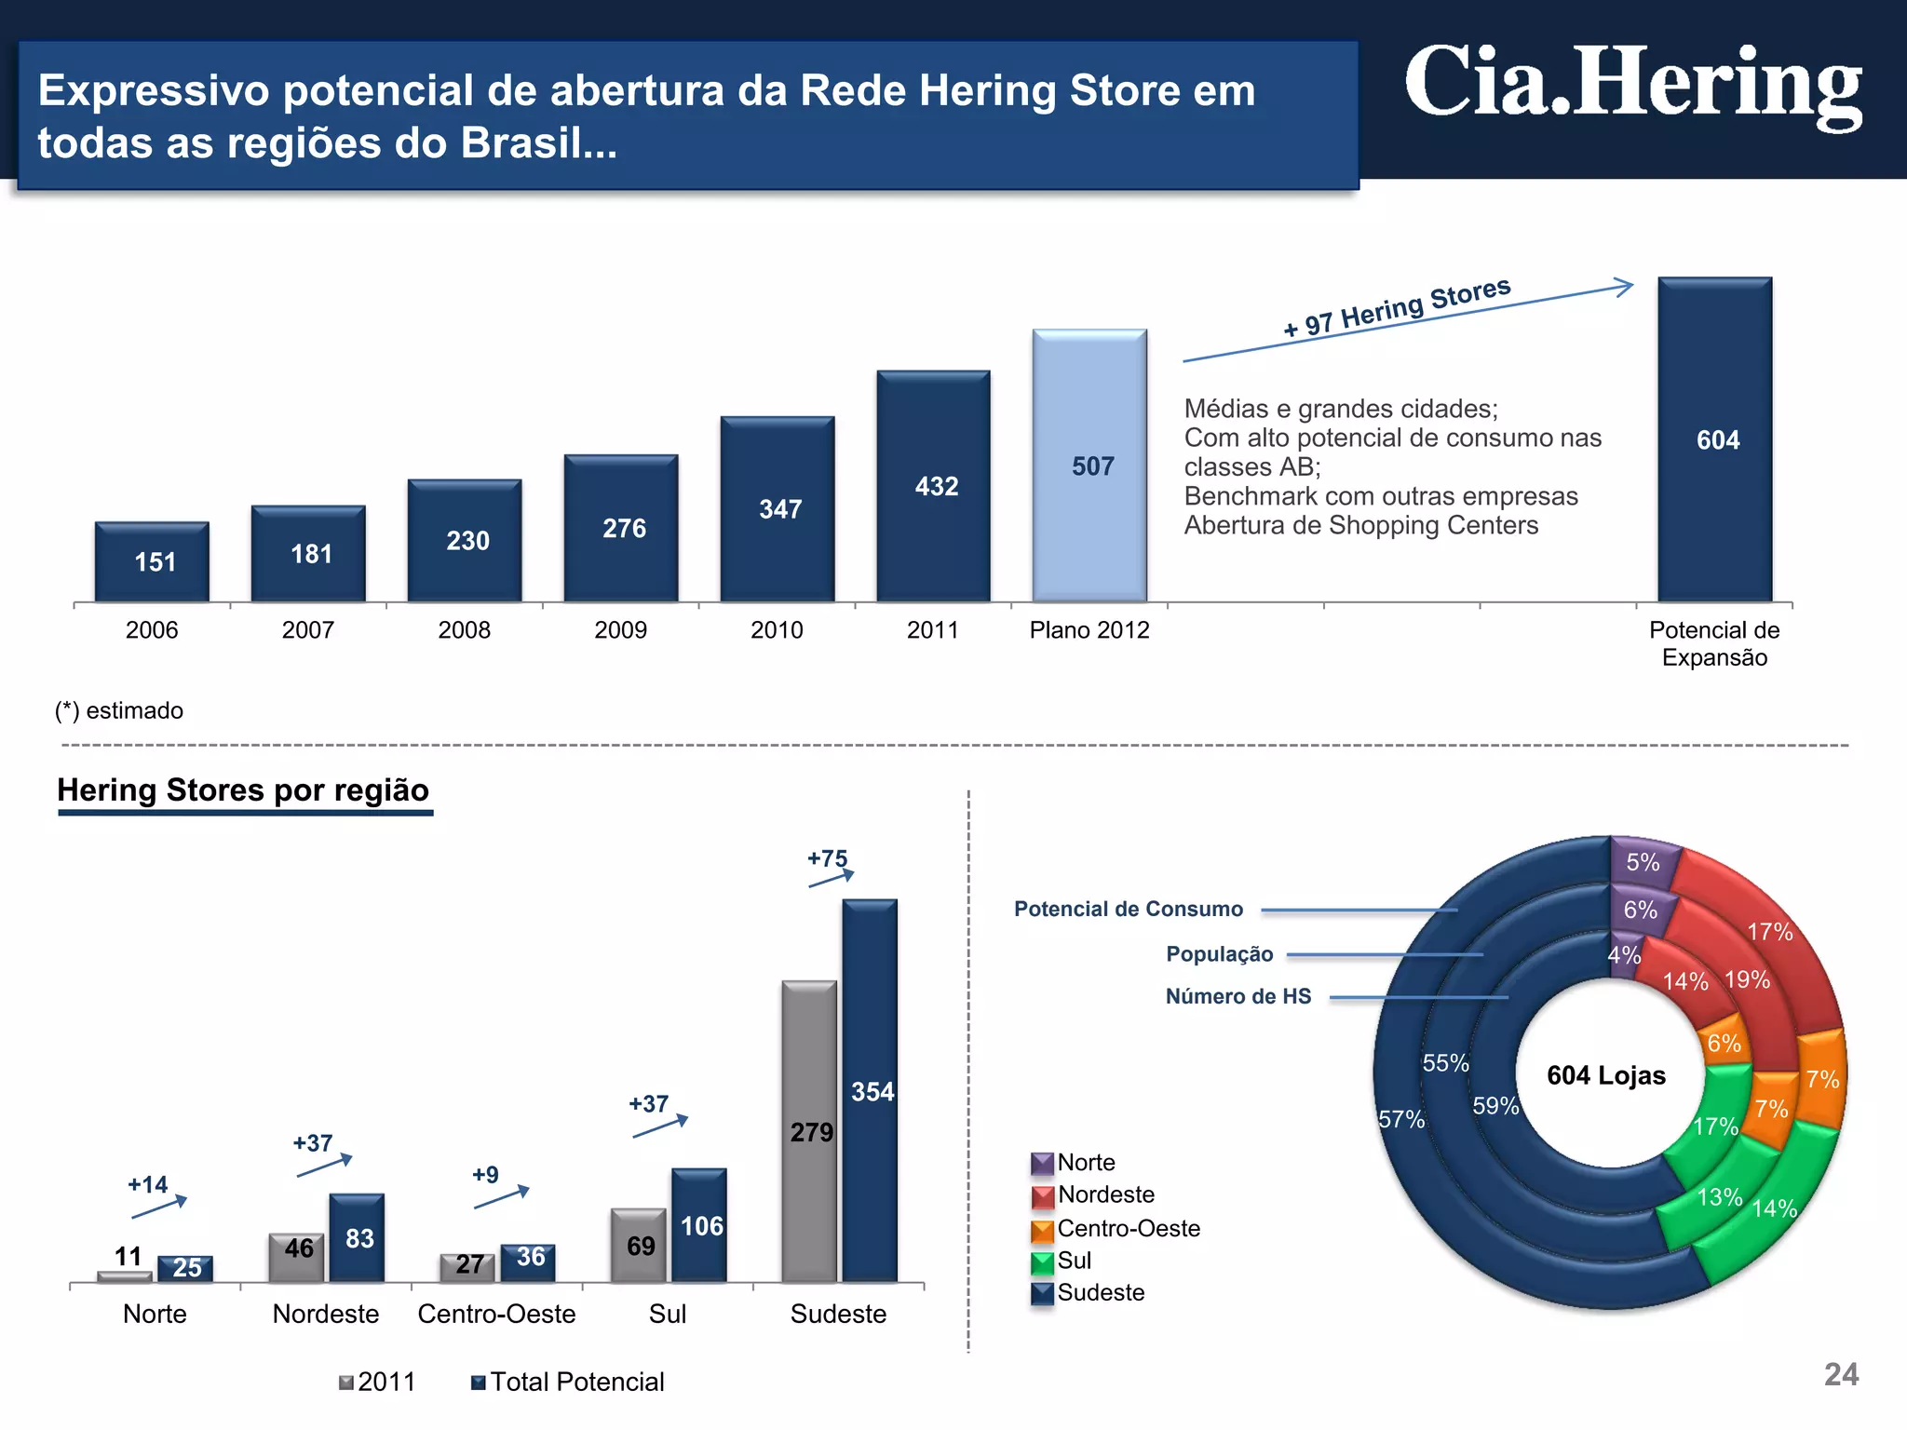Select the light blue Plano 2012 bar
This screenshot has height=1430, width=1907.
click(1089, 465)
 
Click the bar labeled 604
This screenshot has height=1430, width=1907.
click(1714, 439)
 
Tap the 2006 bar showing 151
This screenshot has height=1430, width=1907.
click(152, 561)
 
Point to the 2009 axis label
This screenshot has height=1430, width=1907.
click(620, 630)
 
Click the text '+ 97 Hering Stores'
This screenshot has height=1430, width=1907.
click(1396, 308)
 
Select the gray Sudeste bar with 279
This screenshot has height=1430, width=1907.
click(808, 1132)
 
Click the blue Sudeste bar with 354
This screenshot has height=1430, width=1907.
click(870, 1091)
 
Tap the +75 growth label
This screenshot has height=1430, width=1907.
click(827, 858)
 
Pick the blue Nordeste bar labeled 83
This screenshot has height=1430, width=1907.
click(357, 1238)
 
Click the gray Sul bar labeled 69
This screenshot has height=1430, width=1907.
click(638, 1246)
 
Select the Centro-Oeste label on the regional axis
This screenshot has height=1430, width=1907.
click(496, 1314)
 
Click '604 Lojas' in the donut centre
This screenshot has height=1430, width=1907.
click(1606, 1075)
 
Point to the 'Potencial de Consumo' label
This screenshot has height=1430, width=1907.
click(1128, 909)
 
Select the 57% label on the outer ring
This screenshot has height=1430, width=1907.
click(1400, 1119)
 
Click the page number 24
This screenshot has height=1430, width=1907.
click(1840, 1374)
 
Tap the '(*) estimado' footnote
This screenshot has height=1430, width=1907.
click(119, 710)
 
